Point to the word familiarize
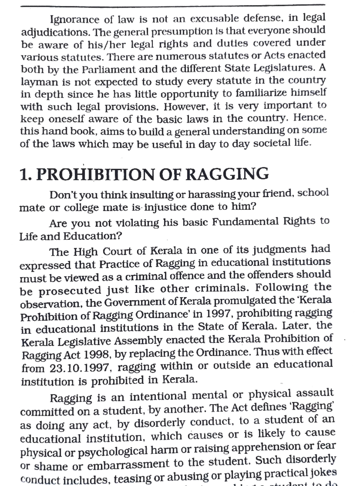(261, 93)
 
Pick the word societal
(271, 143)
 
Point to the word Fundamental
(246, 222)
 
